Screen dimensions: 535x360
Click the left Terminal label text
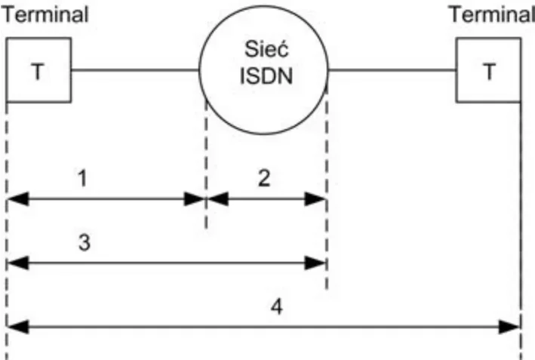click(45, 14)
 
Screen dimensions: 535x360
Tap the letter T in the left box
click(38, 71)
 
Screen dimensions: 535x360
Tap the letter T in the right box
click(489, 71)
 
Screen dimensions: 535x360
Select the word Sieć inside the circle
click(266, 49)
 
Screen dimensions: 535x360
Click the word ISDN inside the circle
click(266, 75)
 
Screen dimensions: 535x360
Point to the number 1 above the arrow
click(82, 178)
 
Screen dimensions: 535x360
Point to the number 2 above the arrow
click(264, 178)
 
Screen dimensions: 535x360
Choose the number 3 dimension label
click(85, 242)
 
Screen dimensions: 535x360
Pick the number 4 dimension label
click(277, 306)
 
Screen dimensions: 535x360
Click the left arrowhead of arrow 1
click(18, 199)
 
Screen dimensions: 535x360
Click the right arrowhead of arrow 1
click(195, 199)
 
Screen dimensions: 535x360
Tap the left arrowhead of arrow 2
click(217, 199)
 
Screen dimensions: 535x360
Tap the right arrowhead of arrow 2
click(315, 199)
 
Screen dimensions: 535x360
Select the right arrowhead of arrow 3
click(315, 263)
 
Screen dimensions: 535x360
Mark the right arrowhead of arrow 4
click(510, 327)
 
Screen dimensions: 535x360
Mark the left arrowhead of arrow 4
click(18, 327)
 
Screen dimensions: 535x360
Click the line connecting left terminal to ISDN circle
click(135, 70)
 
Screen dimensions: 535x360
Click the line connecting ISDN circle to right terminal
click(392, 70)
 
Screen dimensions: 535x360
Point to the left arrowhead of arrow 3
click(18, 263)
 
